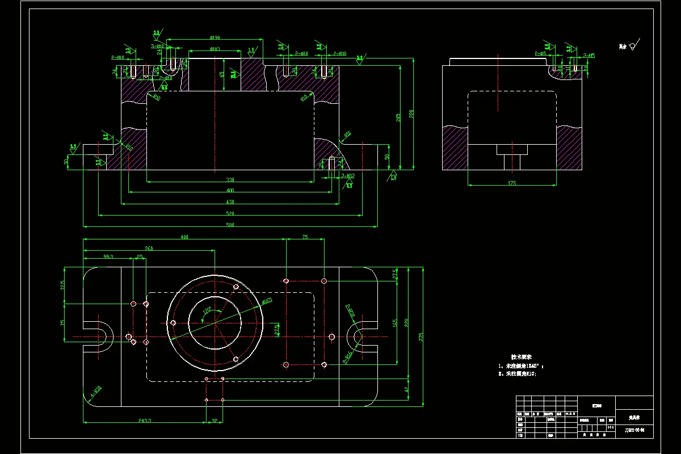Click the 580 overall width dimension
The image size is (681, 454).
[x=230, y=224]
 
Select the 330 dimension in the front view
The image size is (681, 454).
[x=230, y=180]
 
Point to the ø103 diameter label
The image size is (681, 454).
[x=215, y=49]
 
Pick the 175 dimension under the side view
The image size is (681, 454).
[x=512, y=183]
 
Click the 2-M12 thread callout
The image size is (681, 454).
[x=348, y=176]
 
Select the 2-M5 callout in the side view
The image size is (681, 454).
[x=588, y=56]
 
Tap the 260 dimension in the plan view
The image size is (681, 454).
[x=149, y=249]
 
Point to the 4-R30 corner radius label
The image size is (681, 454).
[x=96, y=391]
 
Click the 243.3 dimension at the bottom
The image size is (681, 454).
[x=144, y=420]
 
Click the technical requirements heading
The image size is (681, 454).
[x=521, y=357]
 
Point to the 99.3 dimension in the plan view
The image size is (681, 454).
[x=108, y=257]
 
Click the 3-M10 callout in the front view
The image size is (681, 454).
[x=157, y=46]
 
